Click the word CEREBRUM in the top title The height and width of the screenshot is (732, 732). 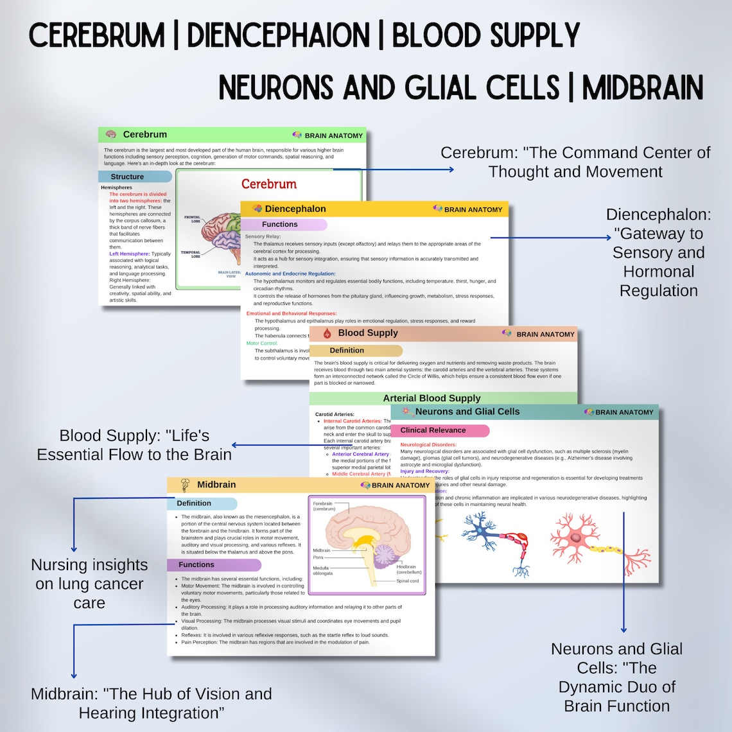[96, 35]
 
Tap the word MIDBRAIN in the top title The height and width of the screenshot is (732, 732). [643, 88]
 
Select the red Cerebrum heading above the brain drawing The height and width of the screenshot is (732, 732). [268, 184]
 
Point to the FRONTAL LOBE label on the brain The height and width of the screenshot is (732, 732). [193, 219]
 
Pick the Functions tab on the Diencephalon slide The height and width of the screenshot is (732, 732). [283, 225]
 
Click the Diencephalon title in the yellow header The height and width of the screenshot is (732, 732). [295, 209]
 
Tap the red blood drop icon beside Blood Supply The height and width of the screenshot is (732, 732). [327, 333]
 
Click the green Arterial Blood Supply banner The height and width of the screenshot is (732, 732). [431, 398]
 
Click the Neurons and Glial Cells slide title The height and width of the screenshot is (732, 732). [467, 412]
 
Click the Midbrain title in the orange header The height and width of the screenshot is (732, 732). [216, 485]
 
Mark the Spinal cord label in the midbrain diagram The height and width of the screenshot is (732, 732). [408, 580]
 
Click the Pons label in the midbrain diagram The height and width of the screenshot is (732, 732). [318, 557]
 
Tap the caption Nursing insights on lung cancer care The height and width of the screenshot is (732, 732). [89, 584]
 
